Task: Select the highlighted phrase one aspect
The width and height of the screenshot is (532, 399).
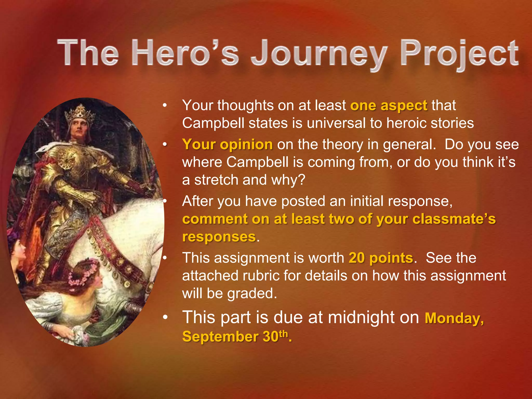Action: [389, 106]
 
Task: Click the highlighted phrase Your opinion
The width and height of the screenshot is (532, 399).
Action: [228, 144]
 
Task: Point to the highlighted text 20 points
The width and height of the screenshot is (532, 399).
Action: [381, 258]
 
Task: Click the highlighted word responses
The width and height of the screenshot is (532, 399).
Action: [219, 237]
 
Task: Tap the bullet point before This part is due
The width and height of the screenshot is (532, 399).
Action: [164, 318]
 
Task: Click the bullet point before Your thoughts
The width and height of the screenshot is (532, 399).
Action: [164, 106]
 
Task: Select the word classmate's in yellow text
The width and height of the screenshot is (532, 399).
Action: [454, 219]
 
